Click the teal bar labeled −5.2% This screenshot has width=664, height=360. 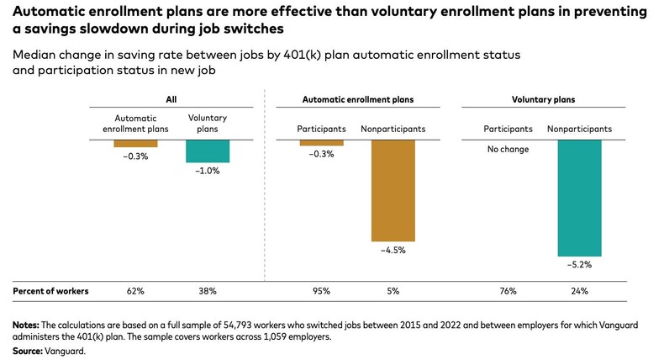point(580,198)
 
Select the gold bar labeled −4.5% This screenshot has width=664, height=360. point(393,190)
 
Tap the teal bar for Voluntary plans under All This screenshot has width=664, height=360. point(208,151)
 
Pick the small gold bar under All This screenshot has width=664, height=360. point(135,144)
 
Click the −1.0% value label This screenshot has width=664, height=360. point(208,171)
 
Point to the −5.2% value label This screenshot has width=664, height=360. point(580,264)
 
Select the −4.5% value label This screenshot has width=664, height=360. point(393,250)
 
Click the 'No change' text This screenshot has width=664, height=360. point(508,152)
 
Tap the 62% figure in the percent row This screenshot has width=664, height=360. point(135,291)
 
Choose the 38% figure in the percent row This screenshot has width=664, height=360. point(208,291)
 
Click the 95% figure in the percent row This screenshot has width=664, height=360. point(320,291)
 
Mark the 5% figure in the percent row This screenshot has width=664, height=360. point(393,291)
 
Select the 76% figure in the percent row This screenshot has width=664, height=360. point(508,291)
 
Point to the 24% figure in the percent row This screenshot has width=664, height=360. point(580,291)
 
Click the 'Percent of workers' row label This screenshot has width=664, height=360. point(50,291)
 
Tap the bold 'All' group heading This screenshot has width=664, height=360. point(171,99)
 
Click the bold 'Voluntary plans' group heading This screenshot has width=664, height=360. point(543,99)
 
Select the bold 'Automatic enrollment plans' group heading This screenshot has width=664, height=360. point(357,99)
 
